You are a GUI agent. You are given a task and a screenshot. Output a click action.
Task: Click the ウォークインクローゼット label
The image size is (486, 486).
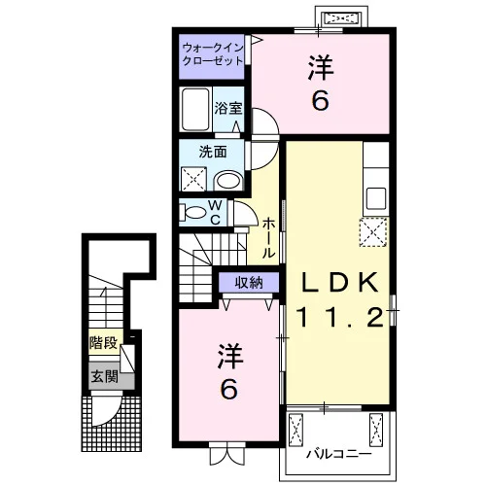(x=212, y=54)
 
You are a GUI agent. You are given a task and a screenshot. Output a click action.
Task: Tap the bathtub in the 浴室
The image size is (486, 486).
(x=195, y=109)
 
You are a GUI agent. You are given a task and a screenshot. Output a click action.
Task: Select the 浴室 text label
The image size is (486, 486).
(x=228, y=109)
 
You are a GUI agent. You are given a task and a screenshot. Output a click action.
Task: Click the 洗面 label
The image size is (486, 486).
(x=213, y=152)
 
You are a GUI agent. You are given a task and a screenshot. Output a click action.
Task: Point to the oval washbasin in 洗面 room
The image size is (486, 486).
(x=228, y=181)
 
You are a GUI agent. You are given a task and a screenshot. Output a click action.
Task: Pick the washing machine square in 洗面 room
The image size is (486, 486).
(x=193, y=179)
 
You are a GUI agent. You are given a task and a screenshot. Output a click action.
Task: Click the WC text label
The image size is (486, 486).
(x=215, y=212)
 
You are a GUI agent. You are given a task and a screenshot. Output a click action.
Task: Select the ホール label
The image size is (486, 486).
(x=268, y=237)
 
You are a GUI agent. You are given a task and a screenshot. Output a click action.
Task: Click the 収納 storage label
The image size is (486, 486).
(x=249, y=283)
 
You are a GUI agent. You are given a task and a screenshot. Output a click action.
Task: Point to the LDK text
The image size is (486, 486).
(x=339, y=283)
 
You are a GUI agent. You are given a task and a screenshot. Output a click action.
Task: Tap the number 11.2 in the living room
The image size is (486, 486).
(x=339, y=317)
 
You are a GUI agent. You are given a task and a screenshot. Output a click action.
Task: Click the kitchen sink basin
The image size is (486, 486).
(x=376, y=198)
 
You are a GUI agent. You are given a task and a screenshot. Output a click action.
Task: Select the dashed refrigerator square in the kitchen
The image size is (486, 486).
(x=373, y=232)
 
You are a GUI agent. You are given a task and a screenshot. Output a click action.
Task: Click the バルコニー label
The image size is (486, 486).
(x=339, y=454)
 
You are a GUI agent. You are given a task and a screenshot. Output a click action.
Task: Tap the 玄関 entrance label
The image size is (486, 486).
(x=104, y=377)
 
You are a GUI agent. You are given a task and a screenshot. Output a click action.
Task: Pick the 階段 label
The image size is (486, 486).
(x=103, y=342)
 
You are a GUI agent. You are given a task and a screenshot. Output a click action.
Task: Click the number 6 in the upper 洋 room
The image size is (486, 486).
(x=320, y=100)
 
